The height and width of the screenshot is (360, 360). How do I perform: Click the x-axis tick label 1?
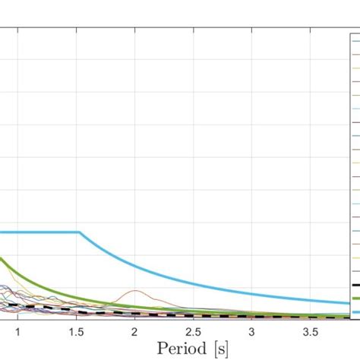[18, 332]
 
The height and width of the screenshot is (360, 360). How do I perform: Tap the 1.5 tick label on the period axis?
[77, 332]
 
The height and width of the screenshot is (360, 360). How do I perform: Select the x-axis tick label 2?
[134, 332]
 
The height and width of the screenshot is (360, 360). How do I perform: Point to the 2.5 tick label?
[193, 332]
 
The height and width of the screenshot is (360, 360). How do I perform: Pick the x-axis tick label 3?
[251, 332]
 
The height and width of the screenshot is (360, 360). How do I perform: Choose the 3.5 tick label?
[310, 332]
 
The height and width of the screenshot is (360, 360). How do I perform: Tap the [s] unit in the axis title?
[219, 349]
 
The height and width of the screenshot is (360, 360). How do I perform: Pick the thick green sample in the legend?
[355, 298]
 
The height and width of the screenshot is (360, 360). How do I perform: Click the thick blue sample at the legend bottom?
[355, 312]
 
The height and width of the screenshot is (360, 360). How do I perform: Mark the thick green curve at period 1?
[18, 276]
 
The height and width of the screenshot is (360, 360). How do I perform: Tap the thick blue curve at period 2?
[134, 266]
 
